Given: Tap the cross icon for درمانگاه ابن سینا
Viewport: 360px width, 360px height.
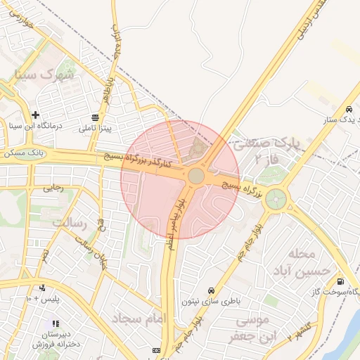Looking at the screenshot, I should (35, 115).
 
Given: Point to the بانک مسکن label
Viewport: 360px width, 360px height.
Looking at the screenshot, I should (23, 152).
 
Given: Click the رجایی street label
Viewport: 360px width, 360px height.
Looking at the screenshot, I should (53, 188).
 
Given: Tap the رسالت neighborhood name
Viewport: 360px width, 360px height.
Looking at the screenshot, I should (68, 223).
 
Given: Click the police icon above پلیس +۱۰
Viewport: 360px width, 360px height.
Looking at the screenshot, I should (42, 288).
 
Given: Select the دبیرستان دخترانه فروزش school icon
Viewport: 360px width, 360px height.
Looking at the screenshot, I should (55, 323).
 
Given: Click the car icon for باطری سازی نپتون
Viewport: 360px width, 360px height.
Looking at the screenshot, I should (211, 290).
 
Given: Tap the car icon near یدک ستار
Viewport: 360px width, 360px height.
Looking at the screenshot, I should (349, 109).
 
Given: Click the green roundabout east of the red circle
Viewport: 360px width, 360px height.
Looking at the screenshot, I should (276, 199).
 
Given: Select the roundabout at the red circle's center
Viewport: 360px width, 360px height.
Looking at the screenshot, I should (196, 175).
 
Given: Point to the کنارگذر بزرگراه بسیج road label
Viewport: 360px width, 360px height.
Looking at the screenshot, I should (137, 162).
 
